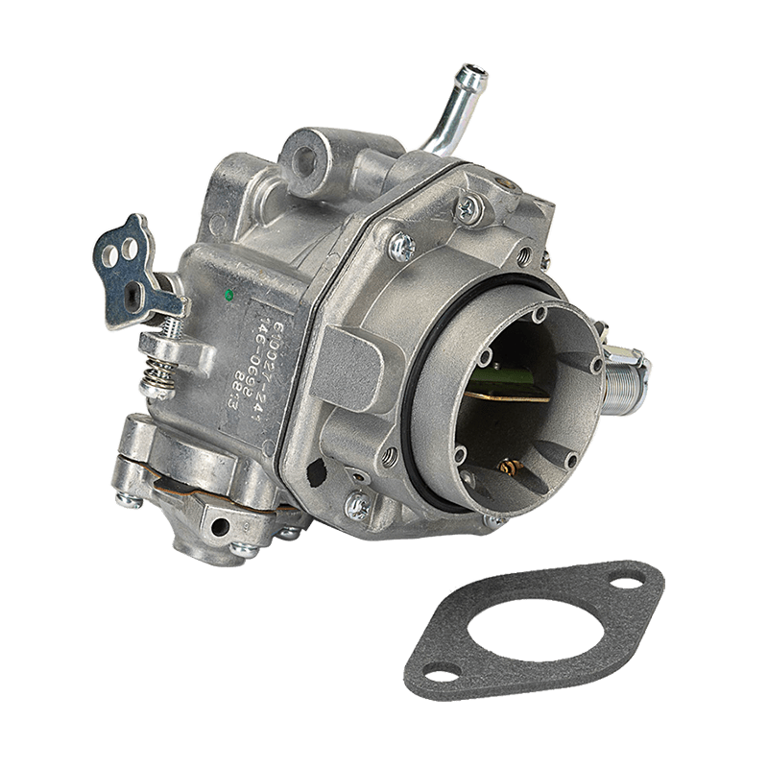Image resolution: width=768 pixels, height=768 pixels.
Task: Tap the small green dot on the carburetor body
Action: [x=228, y=295]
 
